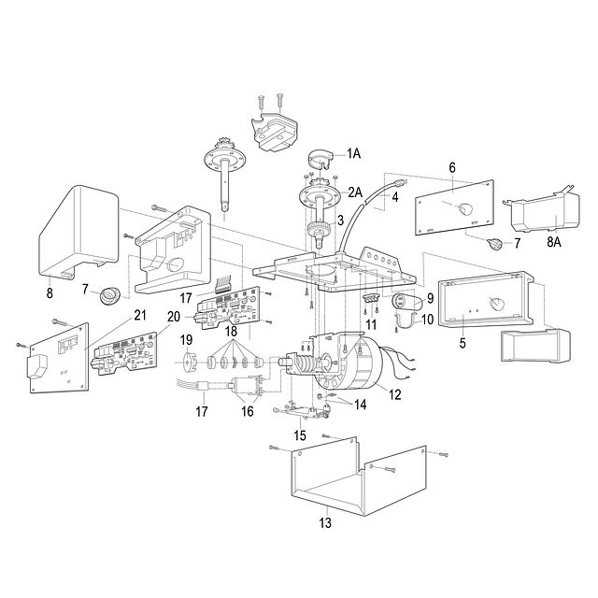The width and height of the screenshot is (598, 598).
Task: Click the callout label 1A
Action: tap(353, 153)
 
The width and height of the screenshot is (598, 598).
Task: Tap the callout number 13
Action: tap(325, 522)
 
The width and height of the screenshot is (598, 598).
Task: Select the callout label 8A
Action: tap(554, 242)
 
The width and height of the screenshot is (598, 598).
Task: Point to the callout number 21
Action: tap(140, 315)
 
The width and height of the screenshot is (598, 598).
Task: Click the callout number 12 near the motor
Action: tap(395, 394)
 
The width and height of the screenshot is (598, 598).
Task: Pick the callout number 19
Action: tap(187, 340)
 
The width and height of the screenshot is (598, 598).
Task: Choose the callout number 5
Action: tap(463, 343)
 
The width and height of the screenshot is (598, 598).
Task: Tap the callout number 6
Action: tap(452, 167)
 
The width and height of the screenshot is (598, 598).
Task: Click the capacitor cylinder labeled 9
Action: tap(406, 303)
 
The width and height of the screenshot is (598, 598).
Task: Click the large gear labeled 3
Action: tap(319, 230)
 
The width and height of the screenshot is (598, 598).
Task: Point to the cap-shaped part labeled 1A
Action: tap(320, 160)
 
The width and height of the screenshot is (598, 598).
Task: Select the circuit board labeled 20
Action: tap(124, 353)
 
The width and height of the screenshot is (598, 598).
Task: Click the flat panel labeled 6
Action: tap(454, 207)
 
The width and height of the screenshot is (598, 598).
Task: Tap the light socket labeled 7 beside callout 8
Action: tap(109, 296)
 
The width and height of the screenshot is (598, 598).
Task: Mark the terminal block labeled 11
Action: tap(371, 298)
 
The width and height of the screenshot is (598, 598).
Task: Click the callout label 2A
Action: tap(355, 192)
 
